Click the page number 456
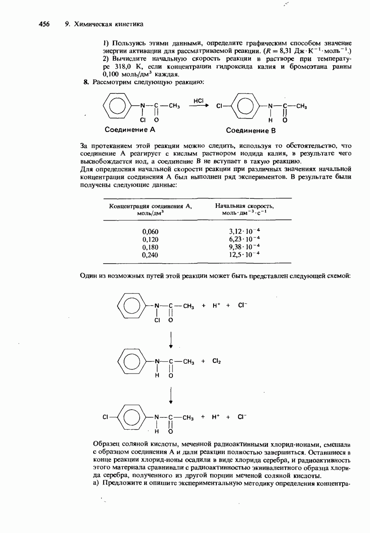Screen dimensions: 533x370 pos(44,24)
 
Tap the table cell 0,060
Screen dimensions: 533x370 pos(150,232)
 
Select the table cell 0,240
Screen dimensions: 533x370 pos(150,255)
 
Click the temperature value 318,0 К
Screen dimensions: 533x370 pos(126,66)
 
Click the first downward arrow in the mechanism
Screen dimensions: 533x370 pos(170,340)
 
